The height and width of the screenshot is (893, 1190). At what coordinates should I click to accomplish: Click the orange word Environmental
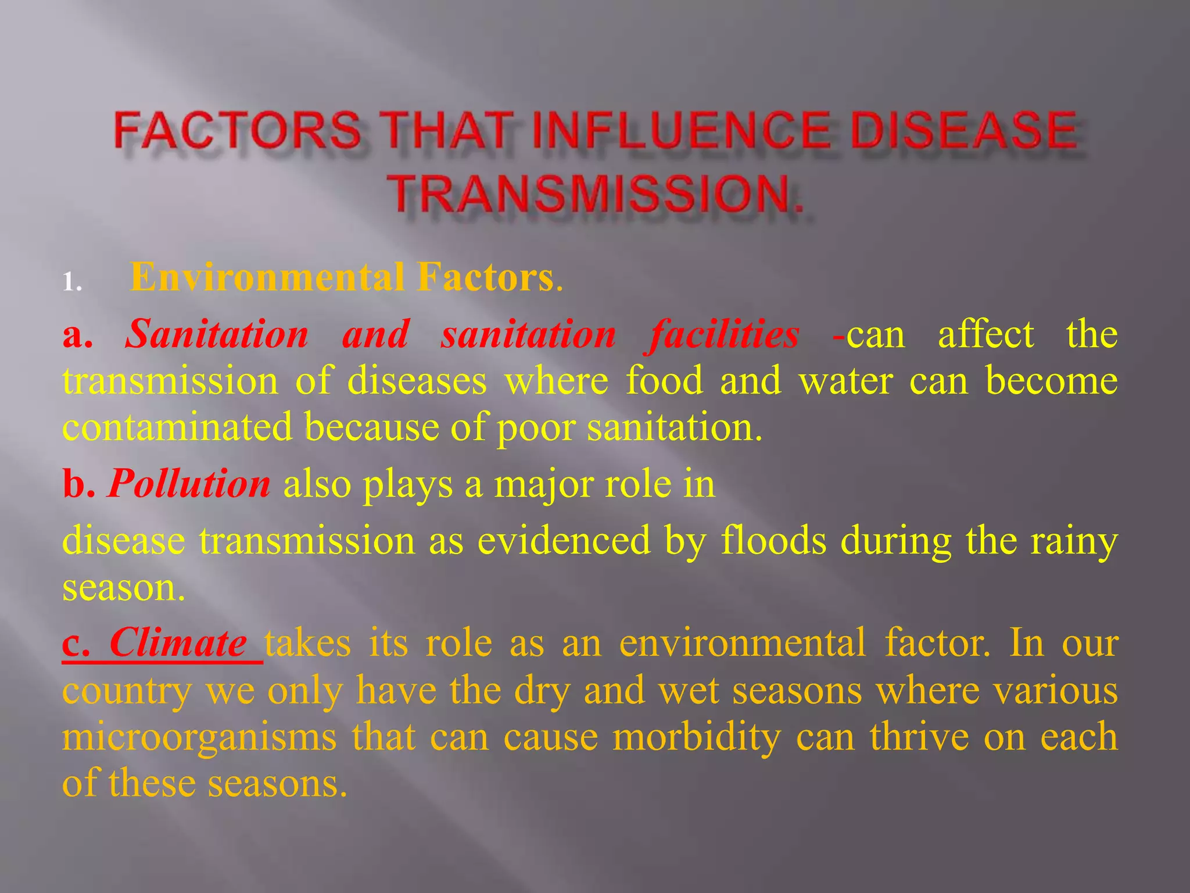coord(267,277)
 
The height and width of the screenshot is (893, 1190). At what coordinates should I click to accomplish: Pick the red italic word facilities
coord(724,335)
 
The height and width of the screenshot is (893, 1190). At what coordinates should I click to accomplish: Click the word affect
coord(985,335)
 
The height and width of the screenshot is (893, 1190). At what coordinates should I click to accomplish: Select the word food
coord(664,381)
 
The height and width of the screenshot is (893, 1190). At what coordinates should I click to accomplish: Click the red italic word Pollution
coord(189,484)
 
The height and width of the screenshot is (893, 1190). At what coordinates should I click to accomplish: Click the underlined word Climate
coord(178,643)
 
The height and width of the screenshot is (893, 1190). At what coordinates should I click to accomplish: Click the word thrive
coord(919,736)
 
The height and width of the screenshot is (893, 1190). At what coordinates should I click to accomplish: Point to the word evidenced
coord(564,541)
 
